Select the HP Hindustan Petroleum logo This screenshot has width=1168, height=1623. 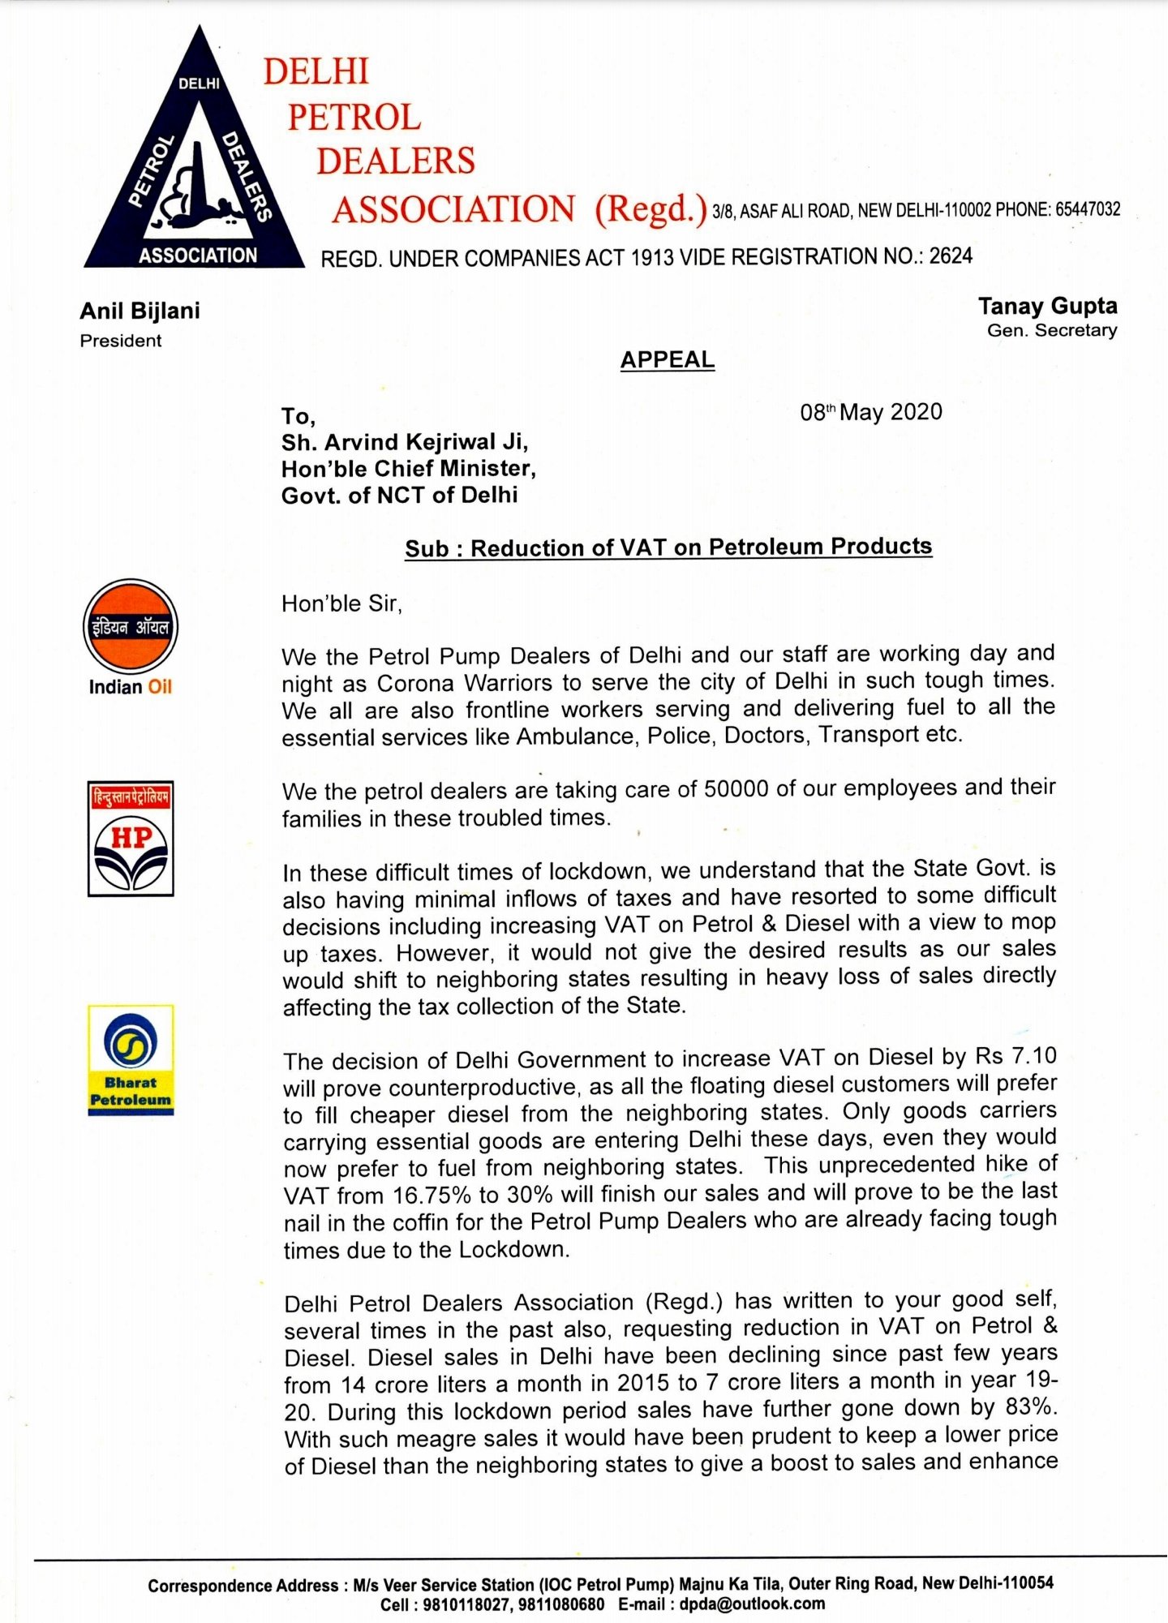131,839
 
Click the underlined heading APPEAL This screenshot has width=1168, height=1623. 668,359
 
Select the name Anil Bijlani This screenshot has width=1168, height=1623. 140,311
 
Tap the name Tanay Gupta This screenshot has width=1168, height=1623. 1047,306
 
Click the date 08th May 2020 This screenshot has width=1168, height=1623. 870,412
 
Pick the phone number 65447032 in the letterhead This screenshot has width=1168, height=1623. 1087,209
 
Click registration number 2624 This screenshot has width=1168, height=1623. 951,256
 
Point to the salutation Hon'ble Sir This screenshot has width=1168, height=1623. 341,603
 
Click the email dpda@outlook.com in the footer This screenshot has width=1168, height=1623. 752,1604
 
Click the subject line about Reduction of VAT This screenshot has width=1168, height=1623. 668,547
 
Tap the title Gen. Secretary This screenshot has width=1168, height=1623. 1052,330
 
